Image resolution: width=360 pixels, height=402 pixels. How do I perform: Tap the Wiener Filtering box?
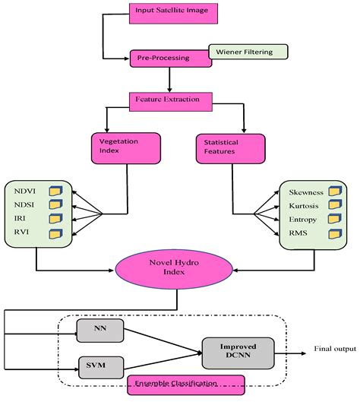point(249,52)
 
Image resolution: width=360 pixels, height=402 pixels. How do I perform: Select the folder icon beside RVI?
point(55,233)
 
